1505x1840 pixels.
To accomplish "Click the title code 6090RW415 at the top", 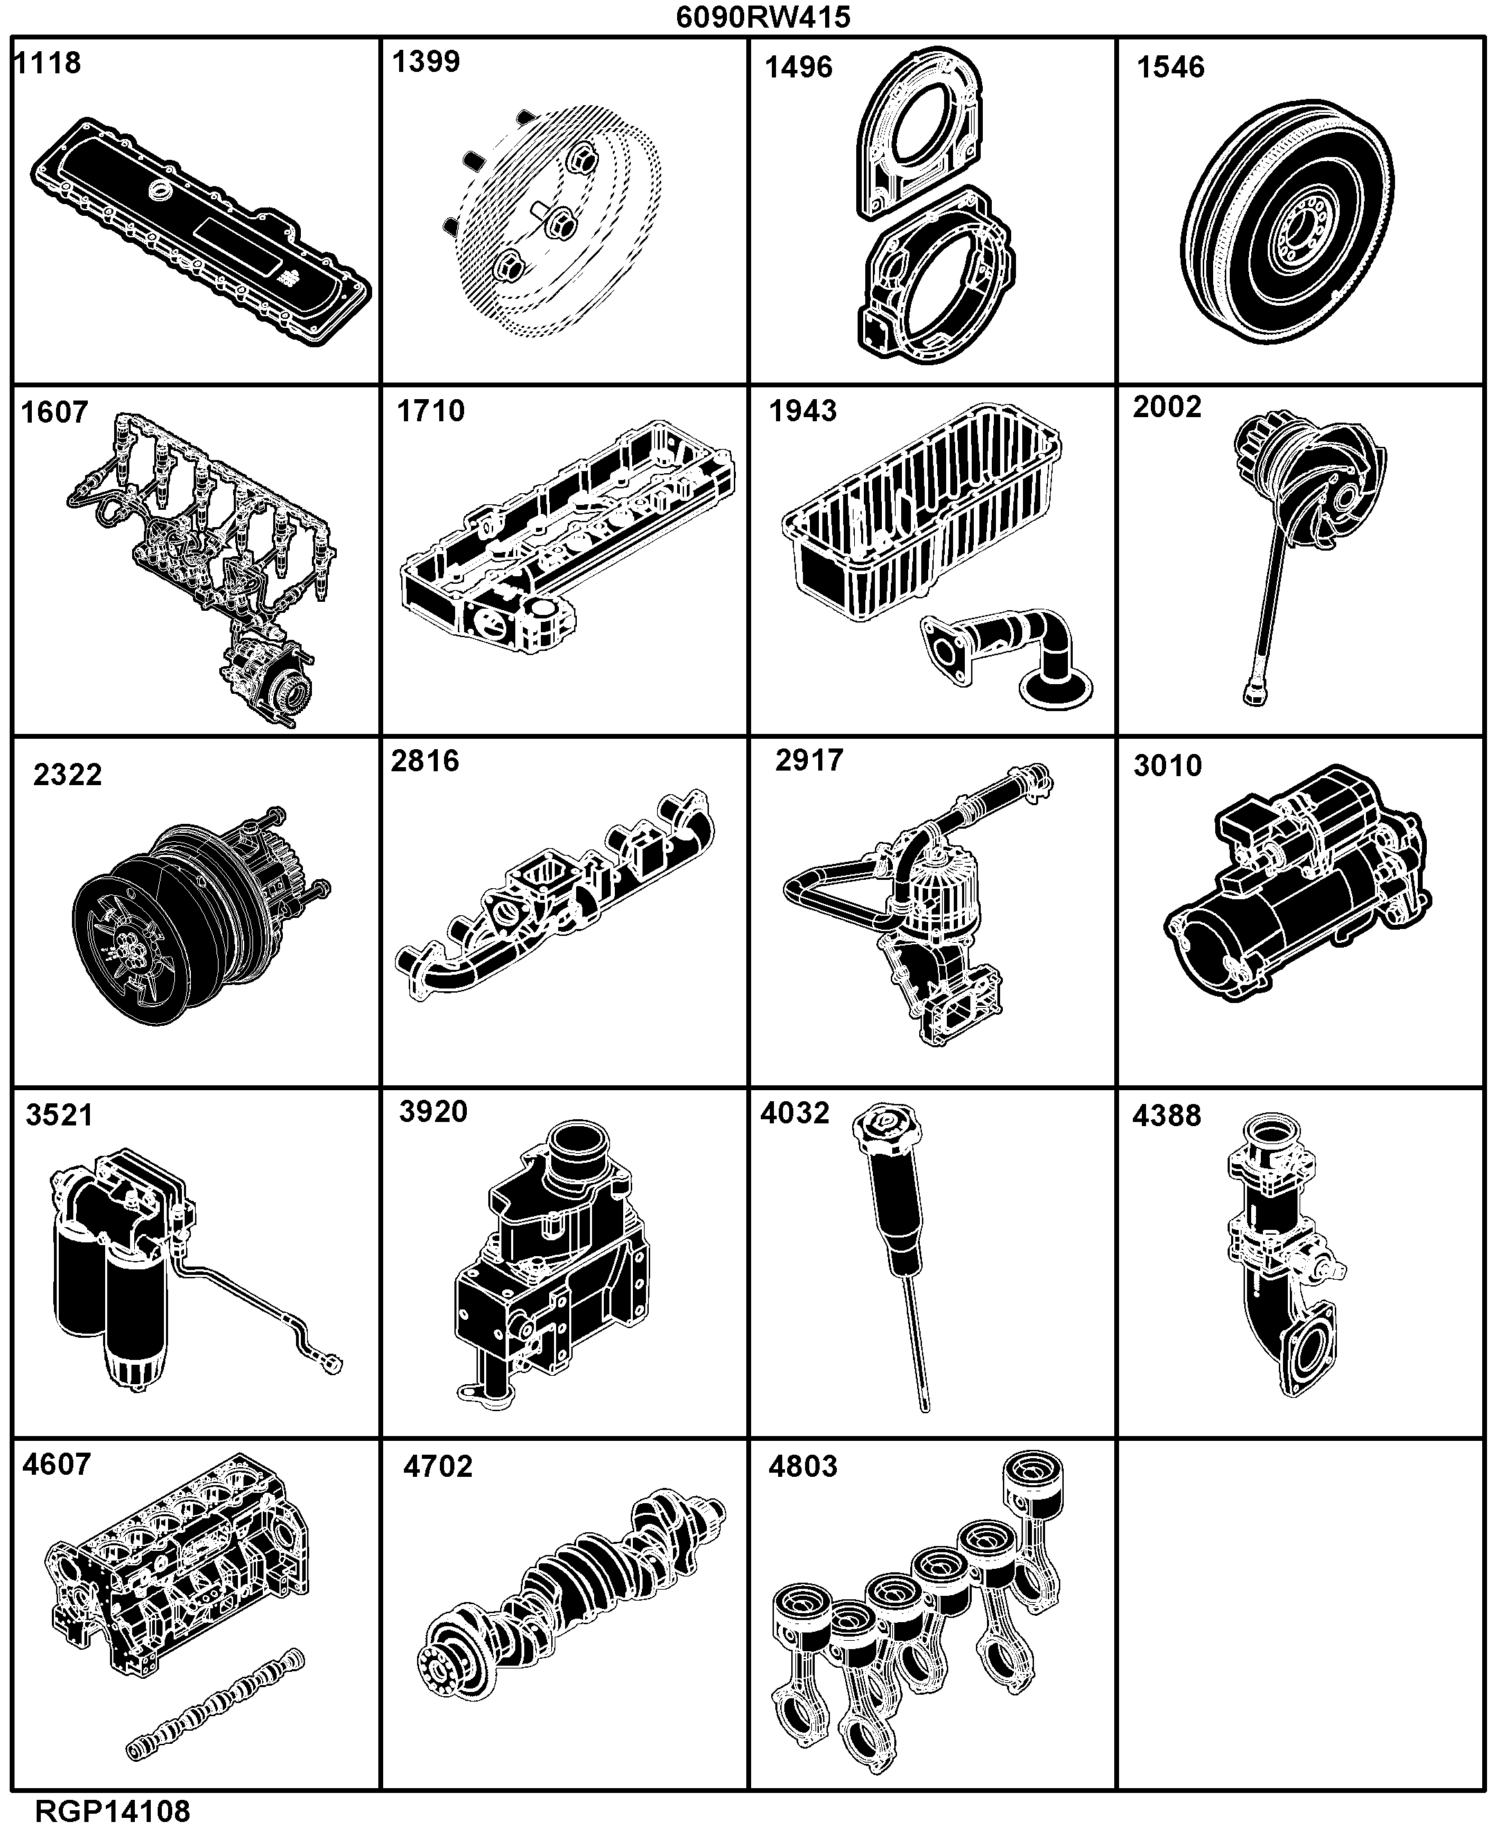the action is (763, 17).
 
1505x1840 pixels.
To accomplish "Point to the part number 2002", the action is (1167, 407).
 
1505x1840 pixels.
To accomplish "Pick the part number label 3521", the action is (59, 1115).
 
